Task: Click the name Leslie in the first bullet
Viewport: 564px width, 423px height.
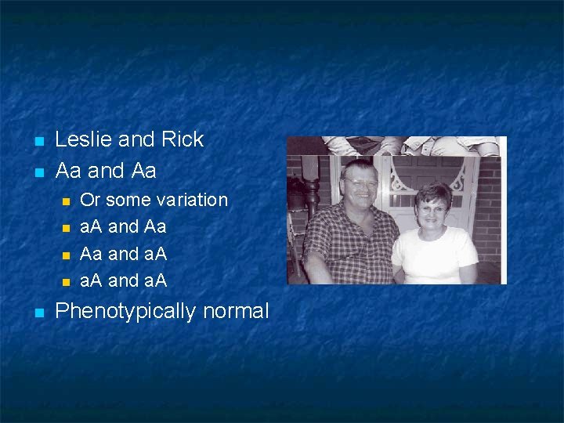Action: (84, 139)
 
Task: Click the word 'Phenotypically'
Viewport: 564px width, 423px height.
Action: (125, 312)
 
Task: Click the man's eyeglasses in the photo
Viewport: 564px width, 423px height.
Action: (362, 183)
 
